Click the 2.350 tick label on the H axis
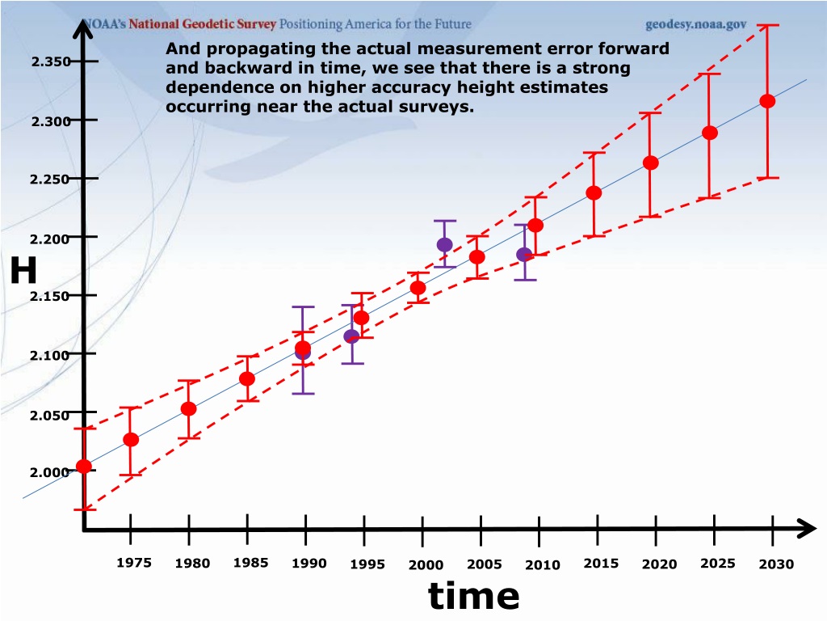(51, 61)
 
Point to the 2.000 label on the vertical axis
(49, 472)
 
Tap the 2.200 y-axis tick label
(49, 239)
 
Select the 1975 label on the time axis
(134, 563)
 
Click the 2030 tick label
(776, 564)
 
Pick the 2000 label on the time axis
(426, 565)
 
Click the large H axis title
(23, 270)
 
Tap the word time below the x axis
(473, 595)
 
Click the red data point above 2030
(767, 101)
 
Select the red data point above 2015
(594, 192)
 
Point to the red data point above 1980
(189, 408)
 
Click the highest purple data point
(445, 244)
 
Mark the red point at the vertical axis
(84, 466)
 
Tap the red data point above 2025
(710, 133)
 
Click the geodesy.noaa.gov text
(695, 24)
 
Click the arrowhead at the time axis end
(807, 529)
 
